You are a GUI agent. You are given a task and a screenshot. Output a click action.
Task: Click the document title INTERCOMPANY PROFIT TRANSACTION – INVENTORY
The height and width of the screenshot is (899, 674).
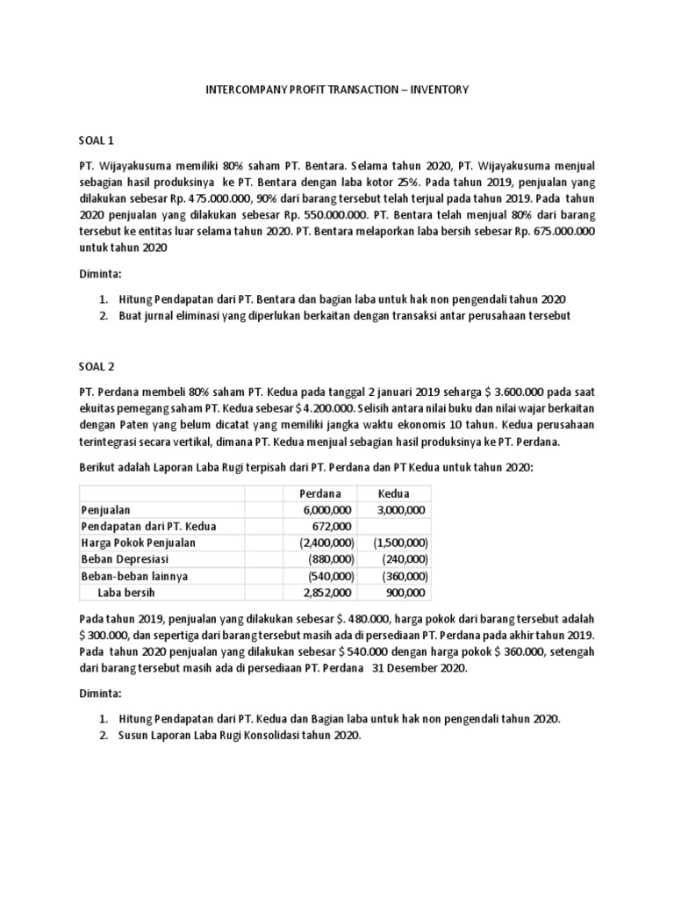coord(337,90)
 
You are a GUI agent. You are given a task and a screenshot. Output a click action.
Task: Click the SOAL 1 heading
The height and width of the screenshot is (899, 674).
coord(97,140)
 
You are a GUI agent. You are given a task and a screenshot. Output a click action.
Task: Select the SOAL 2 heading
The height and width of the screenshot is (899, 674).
coord(97,367)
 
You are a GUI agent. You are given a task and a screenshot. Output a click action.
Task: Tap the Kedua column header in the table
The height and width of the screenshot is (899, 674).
coord(394,493)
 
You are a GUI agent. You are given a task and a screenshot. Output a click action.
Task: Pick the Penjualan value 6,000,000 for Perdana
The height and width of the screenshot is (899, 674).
coord(328,510)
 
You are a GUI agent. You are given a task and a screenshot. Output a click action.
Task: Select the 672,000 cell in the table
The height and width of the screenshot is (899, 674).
coord(335,526)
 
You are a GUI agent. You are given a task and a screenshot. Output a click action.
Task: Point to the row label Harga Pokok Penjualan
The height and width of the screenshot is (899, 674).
coord(138,543)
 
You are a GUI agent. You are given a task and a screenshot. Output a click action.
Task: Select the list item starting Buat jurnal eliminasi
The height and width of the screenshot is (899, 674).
coord(344,316)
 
